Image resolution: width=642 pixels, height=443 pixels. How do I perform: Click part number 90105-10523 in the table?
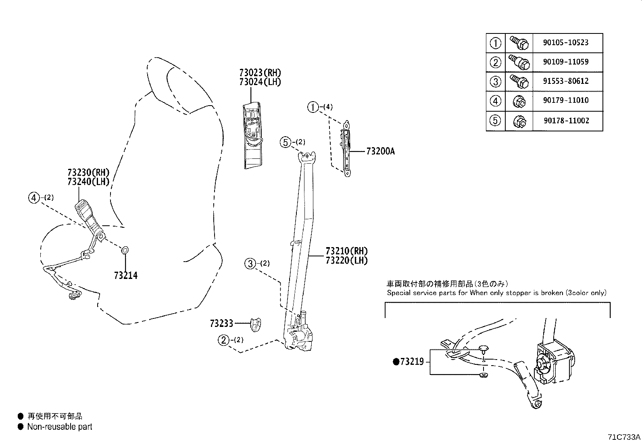point(565,43)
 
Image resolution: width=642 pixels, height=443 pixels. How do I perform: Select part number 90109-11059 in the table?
point(565,62)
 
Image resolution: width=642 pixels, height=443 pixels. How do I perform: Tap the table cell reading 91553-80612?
point(565,81)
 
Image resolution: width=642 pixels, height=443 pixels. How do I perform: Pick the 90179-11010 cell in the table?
point(565,101)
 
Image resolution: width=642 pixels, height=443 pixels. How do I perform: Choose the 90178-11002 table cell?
point(565,121)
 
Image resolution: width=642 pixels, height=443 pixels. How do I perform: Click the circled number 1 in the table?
point(495,43)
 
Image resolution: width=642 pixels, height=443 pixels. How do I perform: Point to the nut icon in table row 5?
point(519,121)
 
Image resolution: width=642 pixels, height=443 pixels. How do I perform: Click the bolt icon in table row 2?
point(518,62)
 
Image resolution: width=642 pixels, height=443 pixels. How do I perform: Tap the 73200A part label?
point(380,152)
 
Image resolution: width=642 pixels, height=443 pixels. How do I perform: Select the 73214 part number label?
point(126,276)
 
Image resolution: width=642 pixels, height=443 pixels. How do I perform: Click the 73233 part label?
point(221,323)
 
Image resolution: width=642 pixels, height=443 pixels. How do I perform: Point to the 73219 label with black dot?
point(409,362)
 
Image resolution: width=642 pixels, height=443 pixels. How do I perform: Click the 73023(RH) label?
point(260,73)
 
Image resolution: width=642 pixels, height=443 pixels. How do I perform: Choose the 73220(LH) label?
point(347,260)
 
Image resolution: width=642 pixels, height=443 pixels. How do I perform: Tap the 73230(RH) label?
point(88,173)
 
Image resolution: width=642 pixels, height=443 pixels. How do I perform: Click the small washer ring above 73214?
point(125,251)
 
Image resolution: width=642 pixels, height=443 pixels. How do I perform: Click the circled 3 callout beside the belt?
point(250,264)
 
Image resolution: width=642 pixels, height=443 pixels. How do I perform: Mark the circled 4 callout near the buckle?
point(34,198)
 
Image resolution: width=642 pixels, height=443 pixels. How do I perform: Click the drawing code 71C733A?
point(624,437)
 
